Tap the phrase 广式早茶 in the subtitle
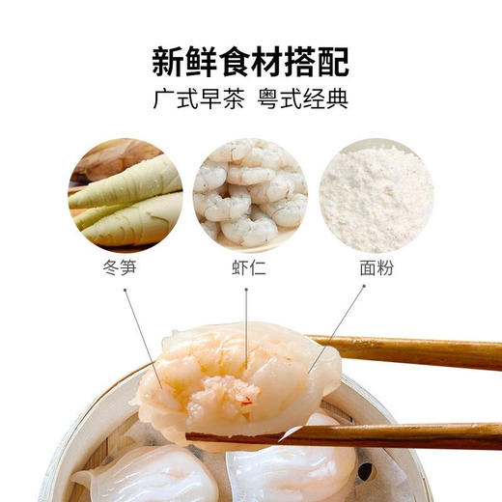tap(195, 100)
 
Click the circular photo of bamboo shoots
tap(125, 191)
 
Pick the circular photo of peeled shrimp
tap(250, 191)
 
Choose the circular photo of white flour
tap(376, 191)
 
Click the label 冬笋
tap(125, 265)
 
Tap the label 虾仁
tap(250, 265)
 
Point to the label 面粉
tap(376, 265)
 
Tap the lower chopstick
tap(386, 435)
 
